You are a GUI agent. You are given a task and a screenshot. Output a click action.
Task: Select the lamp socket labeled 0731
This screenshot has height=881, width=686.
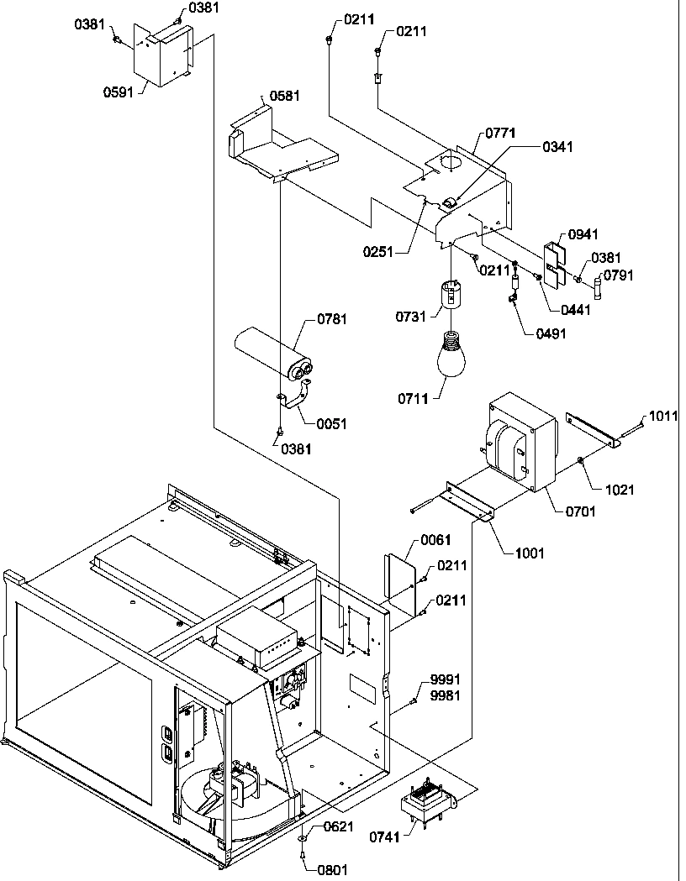[x=456, y=295]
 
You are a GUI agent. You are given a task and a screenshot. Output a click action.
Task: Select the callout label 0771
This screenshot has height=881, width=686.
[x=501, y=133]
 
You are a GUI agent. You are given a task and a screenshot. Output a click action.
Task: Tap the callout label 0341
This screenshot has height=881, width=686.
[x=557, y=147]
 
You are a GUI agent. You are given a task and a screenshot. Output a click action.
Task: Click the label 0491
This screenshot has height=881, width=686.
[x=551, y=333]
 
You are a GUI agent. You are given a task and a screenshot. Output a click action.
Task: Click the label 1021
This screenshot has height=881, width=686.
[x=621, y=490]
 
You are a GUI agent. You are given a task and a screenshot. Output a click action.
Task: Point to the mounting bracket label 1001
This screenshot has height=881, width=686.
[x=530, y=553]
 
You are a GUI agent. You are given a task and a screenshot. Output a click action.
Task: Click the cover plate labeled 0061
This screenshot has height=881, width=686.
[x=401, y=580]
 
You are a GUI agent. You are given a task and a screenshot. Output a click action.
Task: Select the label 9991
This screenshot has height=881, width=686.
[x=446, y=678]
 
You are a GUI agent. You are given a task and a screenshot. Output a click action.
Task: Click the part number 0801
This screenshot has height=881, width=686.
[x=331, y=870]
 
